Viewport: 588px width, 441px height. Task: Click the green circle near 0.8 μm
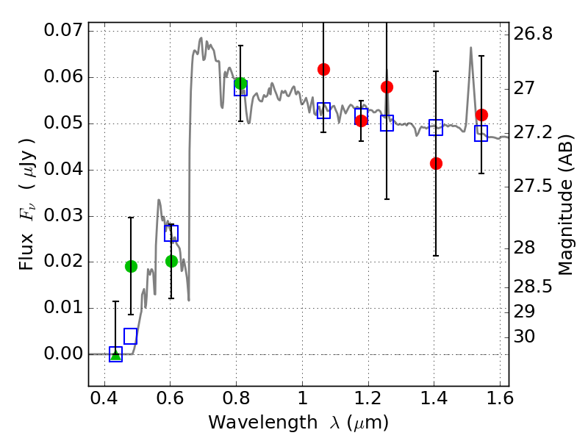[240, 83]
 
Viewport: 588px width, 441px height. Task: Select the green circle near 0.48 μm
[131, 266]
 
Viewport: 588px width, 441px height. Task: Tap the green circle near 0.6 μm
[171, 261]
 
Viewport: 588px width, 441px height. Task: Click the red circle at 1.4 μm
[436, 163]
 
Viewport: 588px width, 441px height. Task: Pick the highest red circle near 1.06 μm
[323, 69]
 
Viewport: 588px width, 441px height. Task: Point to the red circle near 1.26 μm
[387, 87]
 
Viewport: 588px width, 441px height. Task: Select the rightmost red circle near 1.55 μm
[481, 115]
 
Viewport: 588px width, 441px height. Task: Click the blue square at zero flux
[115, 354]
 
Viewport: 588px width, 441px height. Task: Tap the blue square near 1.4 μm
[436, 127]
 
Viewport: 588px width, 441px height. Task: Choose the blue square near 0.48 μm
[131, 336]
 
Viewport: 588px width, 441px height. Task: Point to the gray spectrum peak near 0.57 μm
[159, 200]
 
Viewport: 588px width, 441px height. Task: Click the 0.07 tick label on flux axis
[62, 32]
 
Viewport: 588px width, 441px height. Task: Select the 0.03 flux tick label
[62, 216]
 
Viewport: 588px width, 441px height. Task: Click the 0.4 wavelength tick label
[104, 401]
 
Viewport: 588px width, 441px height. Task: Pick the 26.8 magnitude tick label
[534, 35]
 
